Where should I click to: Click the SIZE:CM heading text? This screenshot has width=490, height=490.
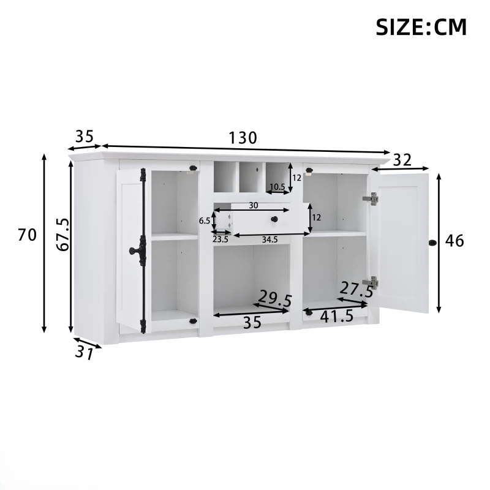(421, 27)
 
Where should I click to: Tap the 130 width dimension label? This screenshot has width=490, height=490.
(243, 138)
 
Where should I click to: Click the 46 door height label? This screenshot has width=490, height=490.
(454, 241)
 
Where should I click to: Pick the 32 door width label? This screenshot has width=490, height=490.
(402, 160)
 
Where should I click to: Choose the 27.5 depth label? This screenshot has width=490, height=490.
(356, 289)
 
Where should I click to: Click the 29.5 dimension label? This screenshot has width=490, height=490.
(275, 299)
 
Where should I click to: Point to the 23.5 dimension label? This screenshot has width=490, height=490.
(221, 239)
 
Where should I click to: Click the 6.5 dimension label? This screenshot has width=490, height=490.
(205, 221)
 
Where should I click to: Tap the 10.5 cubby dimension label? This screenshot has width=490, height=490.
(277, 187)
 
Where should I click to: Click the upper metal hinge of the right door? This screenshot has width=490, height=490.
(371, 198)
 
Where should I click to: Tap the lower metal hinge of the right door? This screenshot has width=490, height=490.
(371, 282)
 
